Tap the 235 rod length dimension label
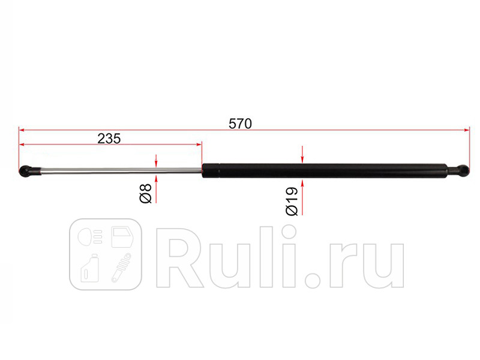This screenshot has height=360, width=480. coord(109,138)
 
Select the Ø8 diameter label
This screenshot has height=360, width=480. coord(145,193)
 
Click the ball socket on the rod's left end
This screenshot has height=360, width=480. coord(28,172)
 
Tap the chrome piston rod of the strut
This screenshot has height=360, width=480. coord(120,172)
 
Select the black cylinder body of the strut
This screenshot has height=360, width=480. coord(324,170)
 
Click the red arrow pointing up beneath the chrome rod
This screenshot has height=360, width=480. coord(156,182)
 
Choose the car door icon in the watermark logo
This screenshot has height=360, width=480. coord(122,238)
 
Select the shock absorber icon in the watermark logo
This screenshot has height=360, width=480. coord(122,268)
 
